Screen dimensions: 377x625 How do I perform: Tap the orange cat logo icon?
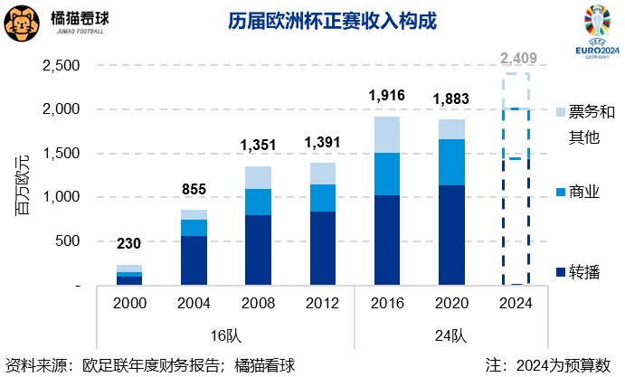tap(21, 23)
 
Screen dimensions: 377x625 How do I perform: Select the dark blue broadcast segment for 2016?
tap(386, 240)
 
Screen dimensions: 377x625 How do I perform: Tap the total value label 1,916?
tap(386, 96)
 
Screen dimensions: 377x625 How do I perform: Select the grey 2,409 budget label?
tap(516, 60)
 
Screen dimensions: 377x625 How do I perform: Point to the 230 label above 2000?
tap(128, 244)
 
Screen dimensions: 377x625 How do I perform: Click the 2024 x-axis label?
tap(516, 304)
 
